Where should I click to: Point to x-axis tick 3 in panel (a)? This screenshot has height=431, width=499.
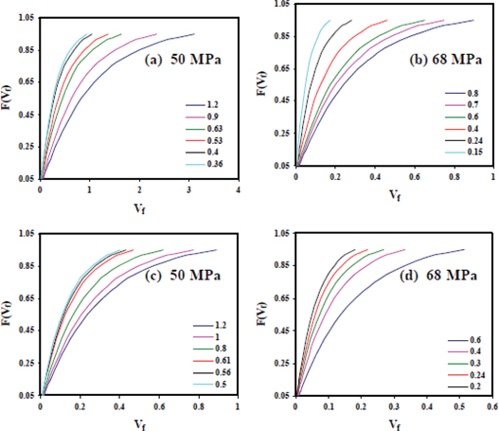[x=188, y=189]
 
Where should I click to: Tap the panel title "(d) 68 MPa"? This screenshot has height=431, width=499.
[x=439, y=276]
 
